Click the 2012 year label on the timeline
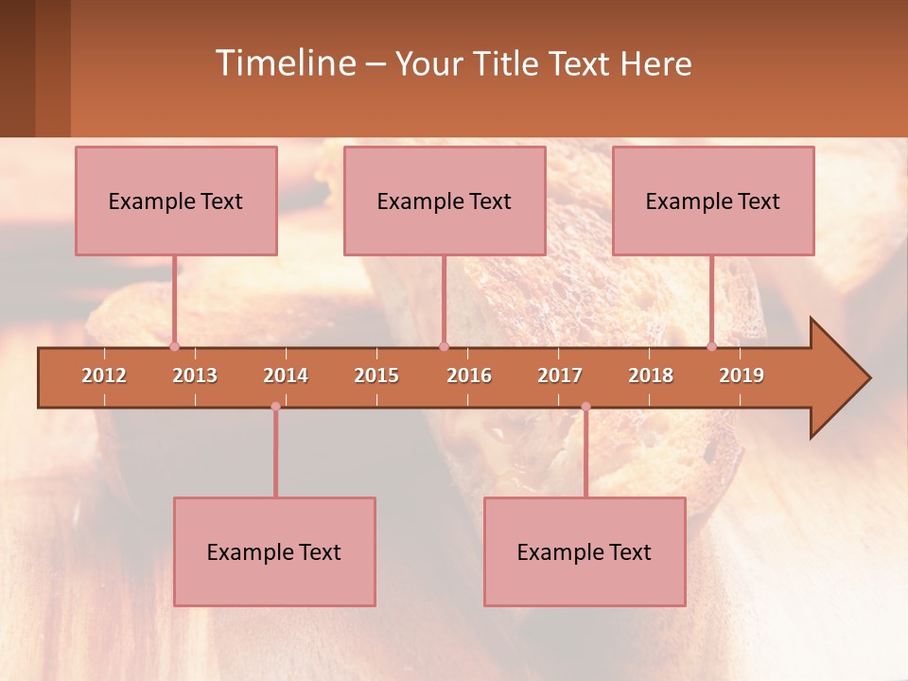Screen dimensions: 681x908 pos(104,375)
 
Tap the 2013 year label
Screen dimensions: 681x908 pos(195,375)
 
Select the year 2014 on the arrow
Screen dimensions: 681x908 pos(286,375)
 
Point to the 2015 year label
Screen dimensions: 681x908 pos(376,375)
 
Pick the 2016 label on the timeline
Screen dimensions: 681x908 pos(469,375)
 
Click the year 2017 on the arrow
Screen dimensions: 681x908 pos(560,375)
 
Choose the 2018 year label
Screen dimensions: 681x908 pos(651,375)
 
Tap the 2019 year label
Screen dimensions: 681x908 pos(742,375)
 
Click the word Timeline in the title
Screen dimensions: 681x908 pos(284,63)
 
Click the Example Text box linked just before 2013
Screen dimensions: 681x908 pos(176,201)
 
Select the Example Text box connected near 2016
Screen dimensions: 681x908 pos(445,201)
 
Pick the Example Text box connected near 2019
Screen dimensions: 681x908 pos(713,201)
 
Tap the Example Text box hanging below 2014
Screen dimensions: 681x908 pos(274,551)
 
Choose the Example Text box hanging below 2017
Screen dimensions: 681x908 pos(585,551)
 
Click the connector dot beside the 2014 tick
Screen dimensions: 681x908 pos(275,407)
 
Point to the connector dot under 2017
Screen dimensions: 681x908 pos(585,407)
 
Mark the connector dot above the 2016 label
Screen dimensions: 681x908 pos(444,346)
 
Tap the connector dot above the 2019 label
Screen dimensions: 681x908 pos(711,346)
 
